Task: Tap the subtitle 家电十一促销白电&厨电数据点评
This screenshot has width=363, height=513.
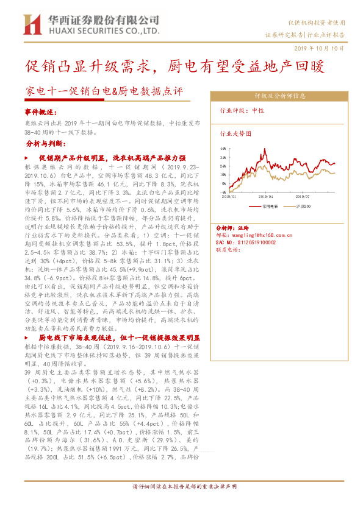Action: pyautogui.click(x=104, y=92)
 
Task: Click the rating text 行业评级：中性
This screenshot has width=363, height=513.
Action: pyautogui.click(x=242, y=111)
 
